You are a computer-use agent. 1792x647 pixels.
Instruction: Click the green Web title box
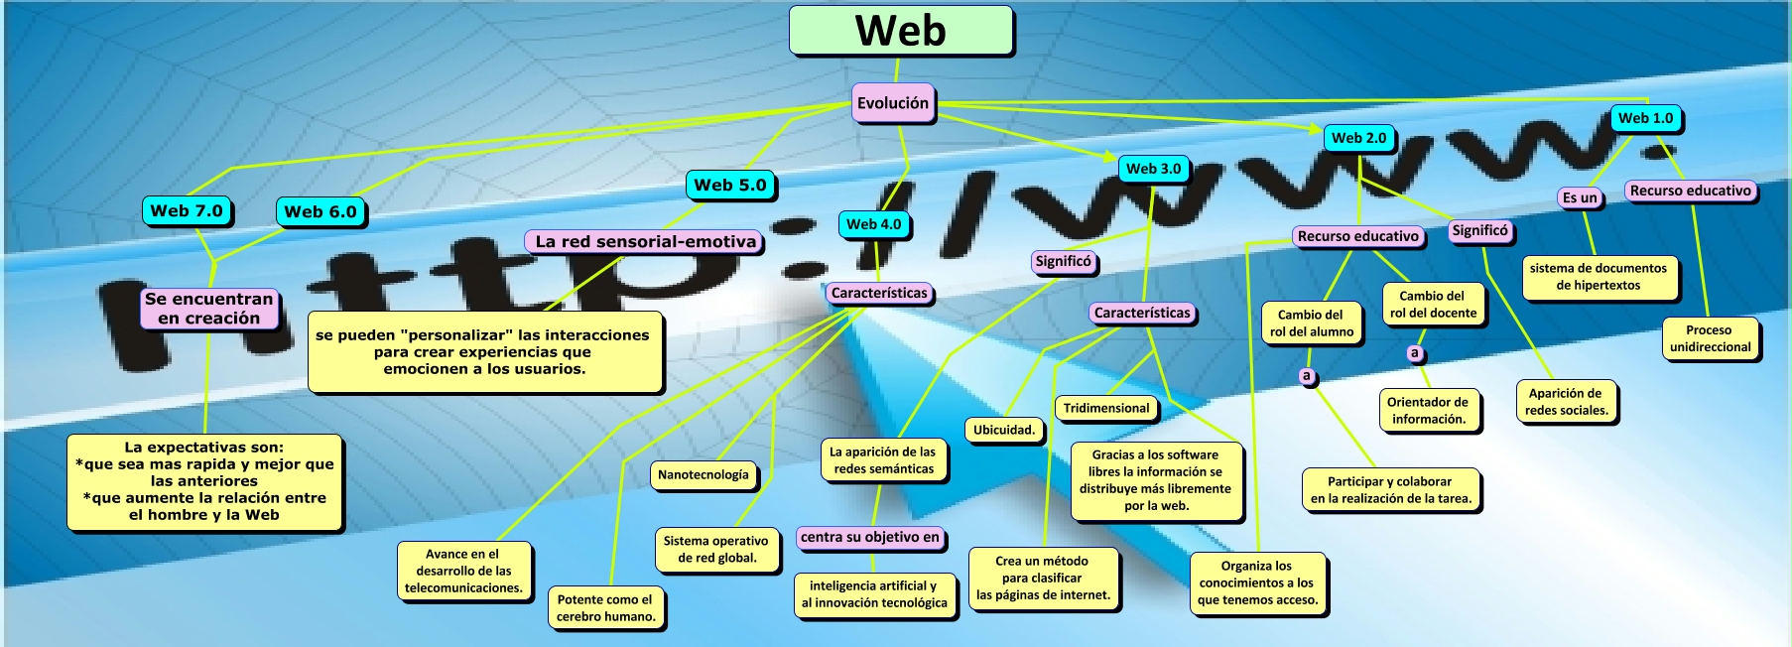(901, 31)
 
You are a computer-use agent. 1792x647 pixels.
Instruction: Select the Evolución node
(893, 103)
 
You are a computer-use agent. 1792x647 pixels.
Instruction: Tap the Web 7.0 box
(187, 210)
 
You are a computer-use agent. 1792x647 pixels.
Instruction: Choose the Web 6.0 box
(320, 211)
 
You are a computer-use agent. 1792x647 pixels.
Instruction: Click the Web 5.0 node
(730, 185)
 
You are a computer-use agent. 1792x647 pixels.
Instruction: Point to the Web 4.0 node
(873, 224)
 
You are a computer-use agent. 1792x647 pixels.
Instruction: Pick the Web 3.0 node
(1153, 169)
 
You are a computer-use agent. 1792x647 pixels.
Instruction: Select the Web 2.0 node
(1358, 138)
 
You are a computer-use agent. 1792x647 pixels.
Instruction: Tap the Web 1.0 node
(1645, 118)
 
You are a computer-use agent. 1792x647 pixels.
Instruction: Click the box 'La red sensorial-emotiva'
(645, 241)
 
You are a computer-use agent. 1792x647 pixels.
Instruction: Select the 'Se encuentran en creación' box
(208, 309)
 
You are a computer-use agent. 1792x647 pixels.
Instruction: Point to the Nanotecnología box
(704, 474)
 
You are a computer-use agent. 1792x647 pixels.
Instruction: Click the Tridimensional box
(1106, 408)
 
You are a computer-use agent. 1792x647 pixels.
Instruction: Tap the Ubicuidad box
(1004, 430)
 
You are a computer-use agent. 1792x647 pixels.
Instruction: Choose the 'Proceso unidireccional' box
(1710, 338)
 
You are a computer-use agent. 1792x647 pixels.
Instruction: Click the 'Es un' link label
(1580, 197)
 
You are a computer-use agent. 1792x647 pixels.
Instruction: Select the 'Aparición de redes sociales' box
(1566, 401)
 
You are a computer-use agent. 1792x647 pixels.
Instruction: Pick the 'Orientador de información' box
(1428, 410)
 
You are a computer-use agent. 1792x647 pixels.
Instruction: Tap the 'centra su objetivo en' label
(870, 537)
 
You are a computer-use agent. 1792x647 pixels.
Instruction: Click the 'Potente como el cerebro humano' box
(605, 607)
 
